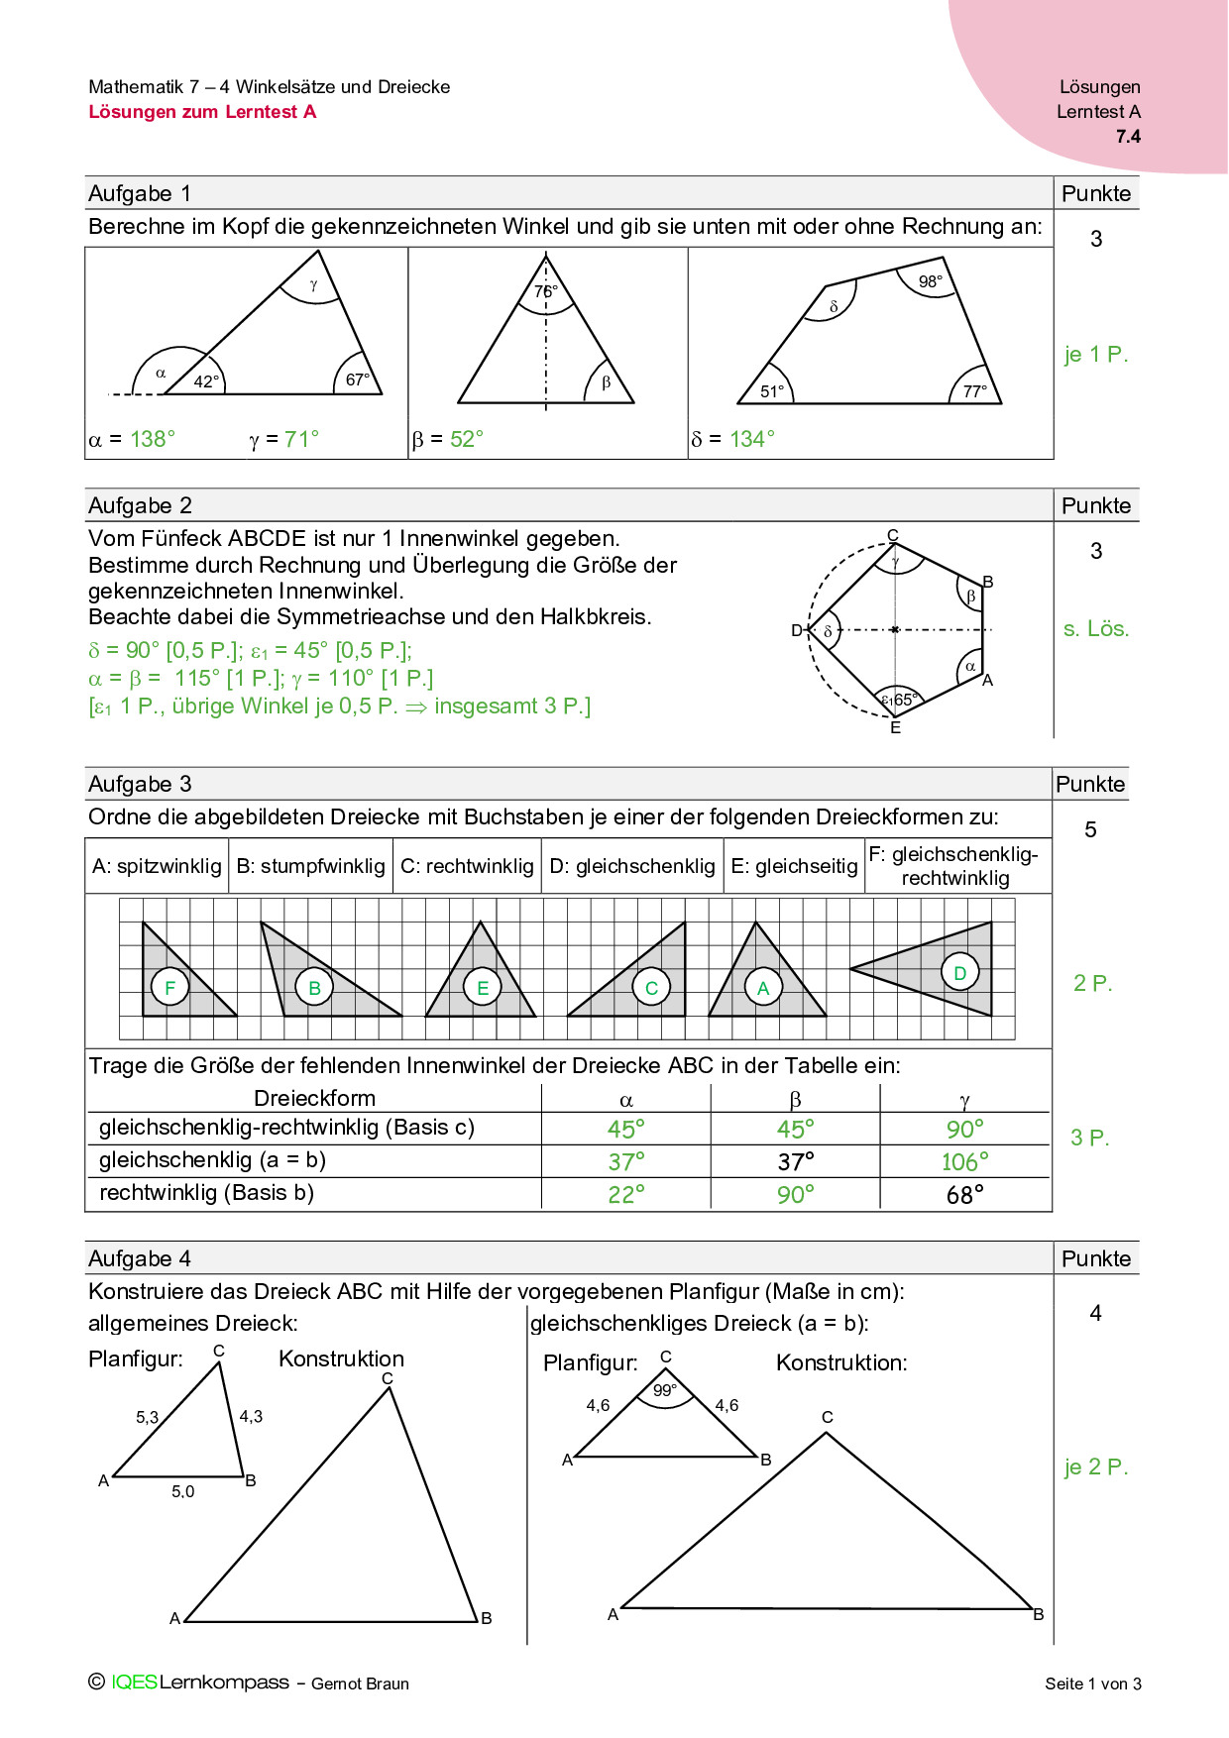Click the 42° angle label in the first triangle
point(206,381)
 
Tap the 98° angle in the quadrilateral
point(930,281)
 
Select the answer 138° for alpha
point(153,439)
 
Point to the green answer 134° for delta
point(752,439)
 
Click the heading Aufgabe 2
point(140,505)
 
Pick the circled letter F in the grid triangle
point(170,987)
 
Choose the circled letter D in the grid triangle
point(959,972)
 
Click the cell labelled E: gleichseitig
point(794,866)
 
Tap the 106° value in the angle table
point(964,1161)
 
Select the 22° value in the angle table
point(626,1194)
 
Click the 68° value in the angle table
point(964,1194)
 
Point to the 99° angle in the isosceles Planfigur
point(665,1390)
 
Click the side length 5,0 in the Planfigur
point(183,1491)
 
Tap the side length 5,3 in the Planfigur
point(147,1417)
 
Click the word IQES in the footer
point(134,1682)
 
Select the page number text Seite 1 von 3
point(1092,1684)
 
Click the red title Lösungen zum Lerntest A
point(202,112)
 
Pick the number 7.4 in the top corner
point(1128,137)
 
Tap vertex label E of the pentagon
point(895,728)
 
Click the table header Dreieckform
point(314,1098)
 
